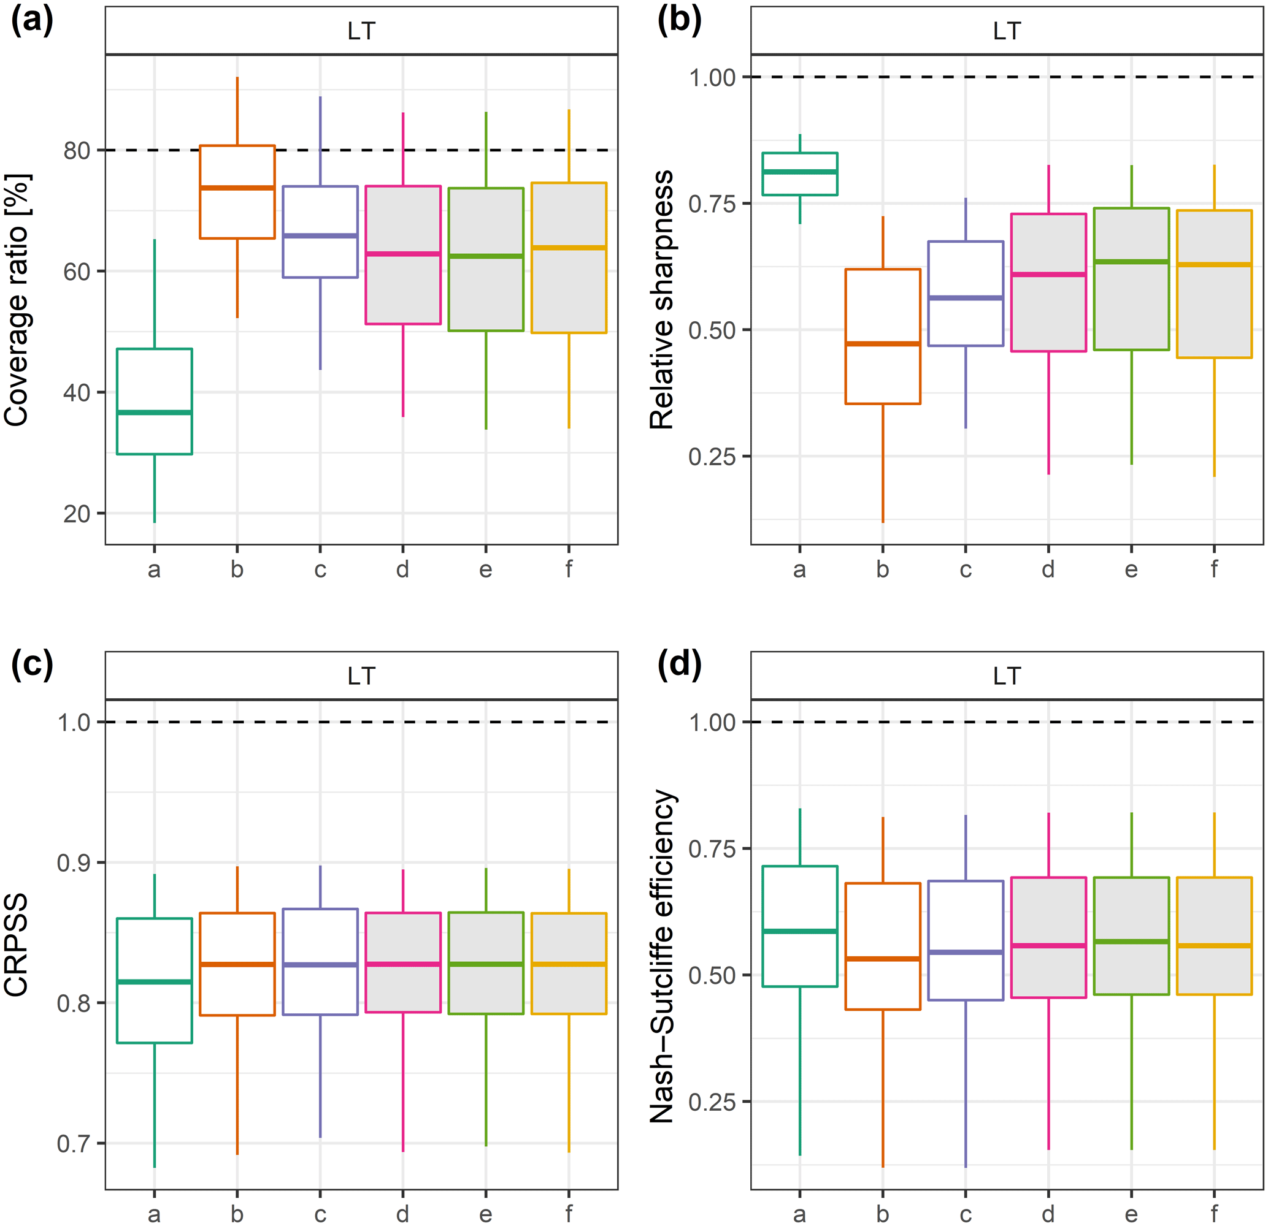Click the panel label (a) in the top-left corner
coord(32,21)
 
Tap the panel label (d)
coord(678,664)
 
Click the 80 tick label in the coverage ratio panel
coord(76,151)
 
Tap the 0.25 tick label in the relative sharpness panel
coord(712,457)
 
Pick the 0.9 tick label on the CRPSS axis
coord(73,862)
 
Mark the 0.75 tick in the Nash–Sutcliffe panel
coord(712,849)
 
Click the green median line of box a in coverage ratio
coord(154,412)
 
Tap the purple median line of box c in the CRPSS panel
coord(320,964)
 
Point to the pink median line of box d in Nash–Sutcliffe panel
coord(1048,945)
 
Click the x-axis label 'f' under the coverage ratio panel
coord(569,569)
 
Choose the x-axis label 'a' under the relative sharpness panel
coord(799,569)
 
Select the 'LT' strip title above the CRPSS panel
coord(361,676)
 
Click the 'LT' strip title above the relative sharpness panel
coord(1007,31)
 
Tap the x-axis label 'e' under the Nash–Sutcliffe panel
coord(1131,1214)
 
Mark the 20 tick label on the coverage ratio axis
coord(76,514)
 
